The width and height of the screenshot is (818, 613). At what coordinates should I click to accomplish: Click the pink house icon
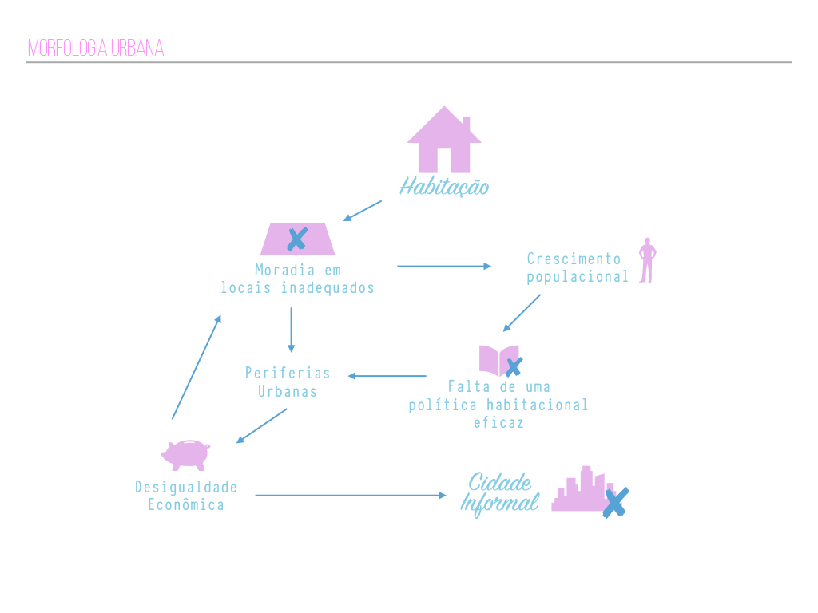pyautogui.click(x=444, y=141)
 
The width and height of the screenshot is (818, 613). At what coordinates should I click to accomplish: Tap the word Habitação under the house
pyautogui.click(x=444, y=188)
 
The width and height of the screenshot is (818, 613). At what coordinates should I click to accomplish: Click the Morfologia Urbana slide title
pyautogui.click(x=96, y=49)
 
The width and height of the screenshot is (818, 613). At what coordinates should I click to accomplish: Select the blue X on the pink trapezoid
pyautogui.click(x=297, y=239)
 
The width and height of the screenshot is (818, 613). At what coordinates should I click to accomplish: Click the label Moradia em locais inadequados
pyautogui.click(x=298, y=279)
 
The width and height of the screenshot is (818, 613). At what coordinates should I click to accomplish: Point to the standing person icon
pyautogui.click(x=647, y=260)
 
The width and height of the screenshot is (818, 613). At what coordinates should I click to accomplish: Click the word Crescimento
pyautogui.click(x=574, y=259)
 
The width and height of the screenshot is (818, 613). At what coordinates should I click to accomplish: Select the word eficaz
pyautogui.click(x=498, y=422)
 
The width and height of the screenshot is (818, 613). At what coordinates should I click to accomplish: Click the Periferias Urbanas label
pyautogui.click(x=288, y=382)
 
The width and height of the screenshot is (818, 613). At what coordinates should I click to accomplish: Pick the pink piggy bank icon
pyautogui.click(x=185, y=454)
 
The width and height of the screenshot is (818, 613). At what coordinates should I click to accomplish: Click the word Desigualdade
pyautogui.click(x=186, y=487)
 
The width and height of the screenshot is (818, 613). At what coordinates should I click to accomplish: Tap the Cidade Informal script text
pyautogui.click(x=500, y=493)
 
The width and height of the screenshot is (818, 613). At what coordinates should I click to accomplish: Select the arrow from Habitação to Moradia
pyautogui.click(x=363, y=211)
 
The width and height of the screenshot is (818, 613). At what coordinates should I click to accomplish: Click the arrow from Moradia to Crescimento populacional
pyautogui.click(x=444, y=266)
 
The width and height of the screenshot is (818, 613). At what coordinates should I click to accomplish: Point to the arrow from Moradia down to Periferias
pyautogui.click(x=291, y=330)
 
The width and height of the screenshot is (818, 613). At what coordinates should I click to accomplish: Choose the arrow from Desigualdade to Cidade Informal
pyautogui.click(x=351, y=496)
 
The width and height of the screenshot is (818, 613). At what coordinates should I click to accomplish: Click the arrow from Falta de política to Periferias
pyautogui.click(x=387, y=376)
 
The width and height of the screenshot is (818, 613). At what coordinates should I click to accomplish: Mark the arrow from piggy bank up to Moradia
pyautogui.click(x=197, y=366)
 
